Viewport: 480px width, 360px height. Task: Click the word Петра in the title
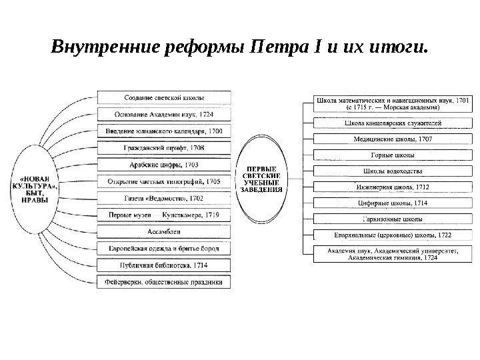coord(271,49)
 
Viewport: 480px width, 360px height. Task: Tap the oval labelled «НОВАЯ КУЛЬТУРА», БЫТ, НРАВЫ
coord(38,189)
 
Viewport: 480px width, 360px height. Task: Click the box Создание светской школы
coord(165,97)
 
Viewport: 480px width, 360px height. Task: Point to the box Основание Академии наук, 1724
coord(165,114)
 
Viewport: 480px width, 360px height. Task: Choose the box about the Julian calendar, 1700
coord(165,131)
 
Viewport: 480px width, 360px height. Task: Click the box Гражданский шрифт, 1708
coord(165,147)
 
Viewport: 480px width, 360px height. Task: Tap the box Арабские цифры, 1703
coord(165,164)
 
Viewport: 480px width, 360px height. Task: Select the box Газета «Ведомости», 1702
coord(165,197)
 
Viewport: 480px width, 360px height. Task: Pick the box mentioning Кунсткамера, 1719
coord(165,215)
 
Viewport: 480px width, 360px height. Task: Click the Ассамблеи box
coord(165,231)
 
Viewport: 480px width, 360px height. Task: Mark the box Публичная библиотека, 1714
coord(165,265)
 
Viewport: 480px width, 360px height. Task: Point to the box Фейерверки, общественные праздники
coord(165,282)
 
